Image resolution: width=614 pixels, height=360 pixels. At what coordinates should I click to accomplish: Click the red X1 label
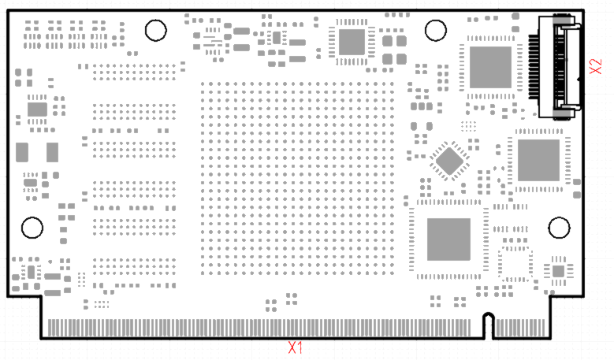tap(296, 347)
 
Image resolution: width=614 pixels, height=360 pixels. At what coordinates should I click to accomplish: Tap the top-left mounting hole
tap(155, 31)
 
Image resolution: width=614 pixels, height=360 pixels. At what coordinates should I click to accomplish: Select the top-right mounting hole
tap(436, 31)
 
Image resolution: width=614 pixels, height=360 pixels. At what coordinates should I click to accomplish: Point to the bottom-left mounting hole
tap(32, 228)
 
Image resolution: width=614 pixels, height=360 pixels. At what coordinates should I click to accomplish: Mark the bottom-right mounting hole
tap(559, 228)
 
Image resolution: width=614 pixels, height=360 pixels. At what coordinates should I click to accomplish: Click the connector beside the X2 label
tap(561, 66)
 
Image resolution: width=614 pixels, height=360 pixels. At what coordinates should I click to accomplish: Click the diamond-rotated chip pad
tap(450, 161)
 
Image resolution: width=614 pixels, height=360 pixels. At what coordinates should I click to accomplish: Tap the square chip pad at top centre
tap(352, 42)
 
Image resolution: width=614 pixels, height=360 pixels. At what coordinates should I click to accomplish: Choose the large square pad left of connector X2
tap(490, 67)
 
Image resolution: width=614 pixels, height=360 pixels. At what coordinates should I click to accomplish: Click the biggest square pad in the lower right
tap(448, 239)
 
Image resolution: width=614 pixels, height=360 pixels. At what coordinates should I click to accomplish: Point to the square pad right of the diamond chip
tap(538, 161)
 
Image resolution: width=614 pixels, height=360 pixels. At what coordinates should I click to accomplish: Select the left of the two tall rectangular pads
tap(22, 152)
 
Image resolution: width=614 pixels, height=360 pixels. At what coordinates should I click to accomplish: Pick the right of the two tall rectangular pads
tap(52, 152)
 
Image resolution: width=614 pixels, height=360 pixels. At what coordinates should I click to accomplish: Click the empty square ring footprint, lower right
tap(515, 263)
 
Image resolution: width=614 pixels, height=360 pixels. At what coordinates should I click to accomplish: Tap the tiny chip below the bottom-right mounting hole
tap(558, 271)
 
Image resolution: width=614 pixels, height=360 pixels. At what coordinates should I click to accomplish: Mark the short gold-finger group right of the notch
tap(519, 327)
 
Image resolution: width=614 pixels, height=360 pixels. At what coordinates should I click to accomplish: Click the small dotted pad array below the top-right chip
tap(470, 125)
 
